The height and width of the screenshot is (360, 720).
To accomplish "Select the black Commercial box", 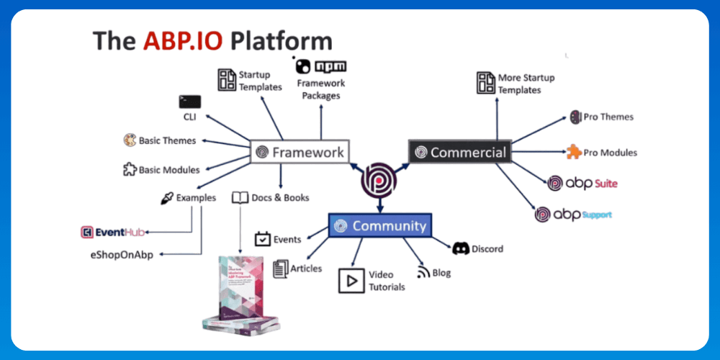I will coord(459,152).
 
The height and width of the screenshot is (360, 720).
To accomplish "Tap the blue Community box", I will coord(379,225).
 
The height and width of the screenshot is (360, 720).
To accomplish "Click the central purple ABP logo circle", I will coord(379,180).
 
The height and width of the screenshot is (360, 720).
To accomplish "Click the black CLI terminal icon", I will coord(189,102).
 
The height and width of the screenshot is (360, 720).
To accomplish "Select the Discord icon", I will coord(461,248).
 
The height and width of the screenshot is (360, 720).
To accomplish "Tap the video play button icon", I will coord(351,280).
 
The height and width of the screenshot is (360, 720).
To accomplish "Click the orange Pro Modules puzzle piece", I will coord(574,152).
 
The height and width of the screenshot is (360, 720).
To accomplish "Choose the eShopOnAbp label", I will coord(123,254).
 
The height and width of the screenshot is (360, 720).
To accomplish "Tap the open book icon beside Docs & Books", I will coord(240,197).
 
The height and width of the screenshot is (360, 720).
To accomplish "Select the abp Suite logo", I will coord(582,183).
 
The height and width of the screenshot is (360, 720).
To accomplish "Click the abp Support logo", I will coord(573,215).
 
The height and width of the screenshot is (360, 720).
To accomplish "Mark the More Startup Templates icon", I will coord(486,83).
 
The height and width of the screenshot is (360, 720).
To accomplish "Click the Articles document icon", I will coord(280,269).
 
